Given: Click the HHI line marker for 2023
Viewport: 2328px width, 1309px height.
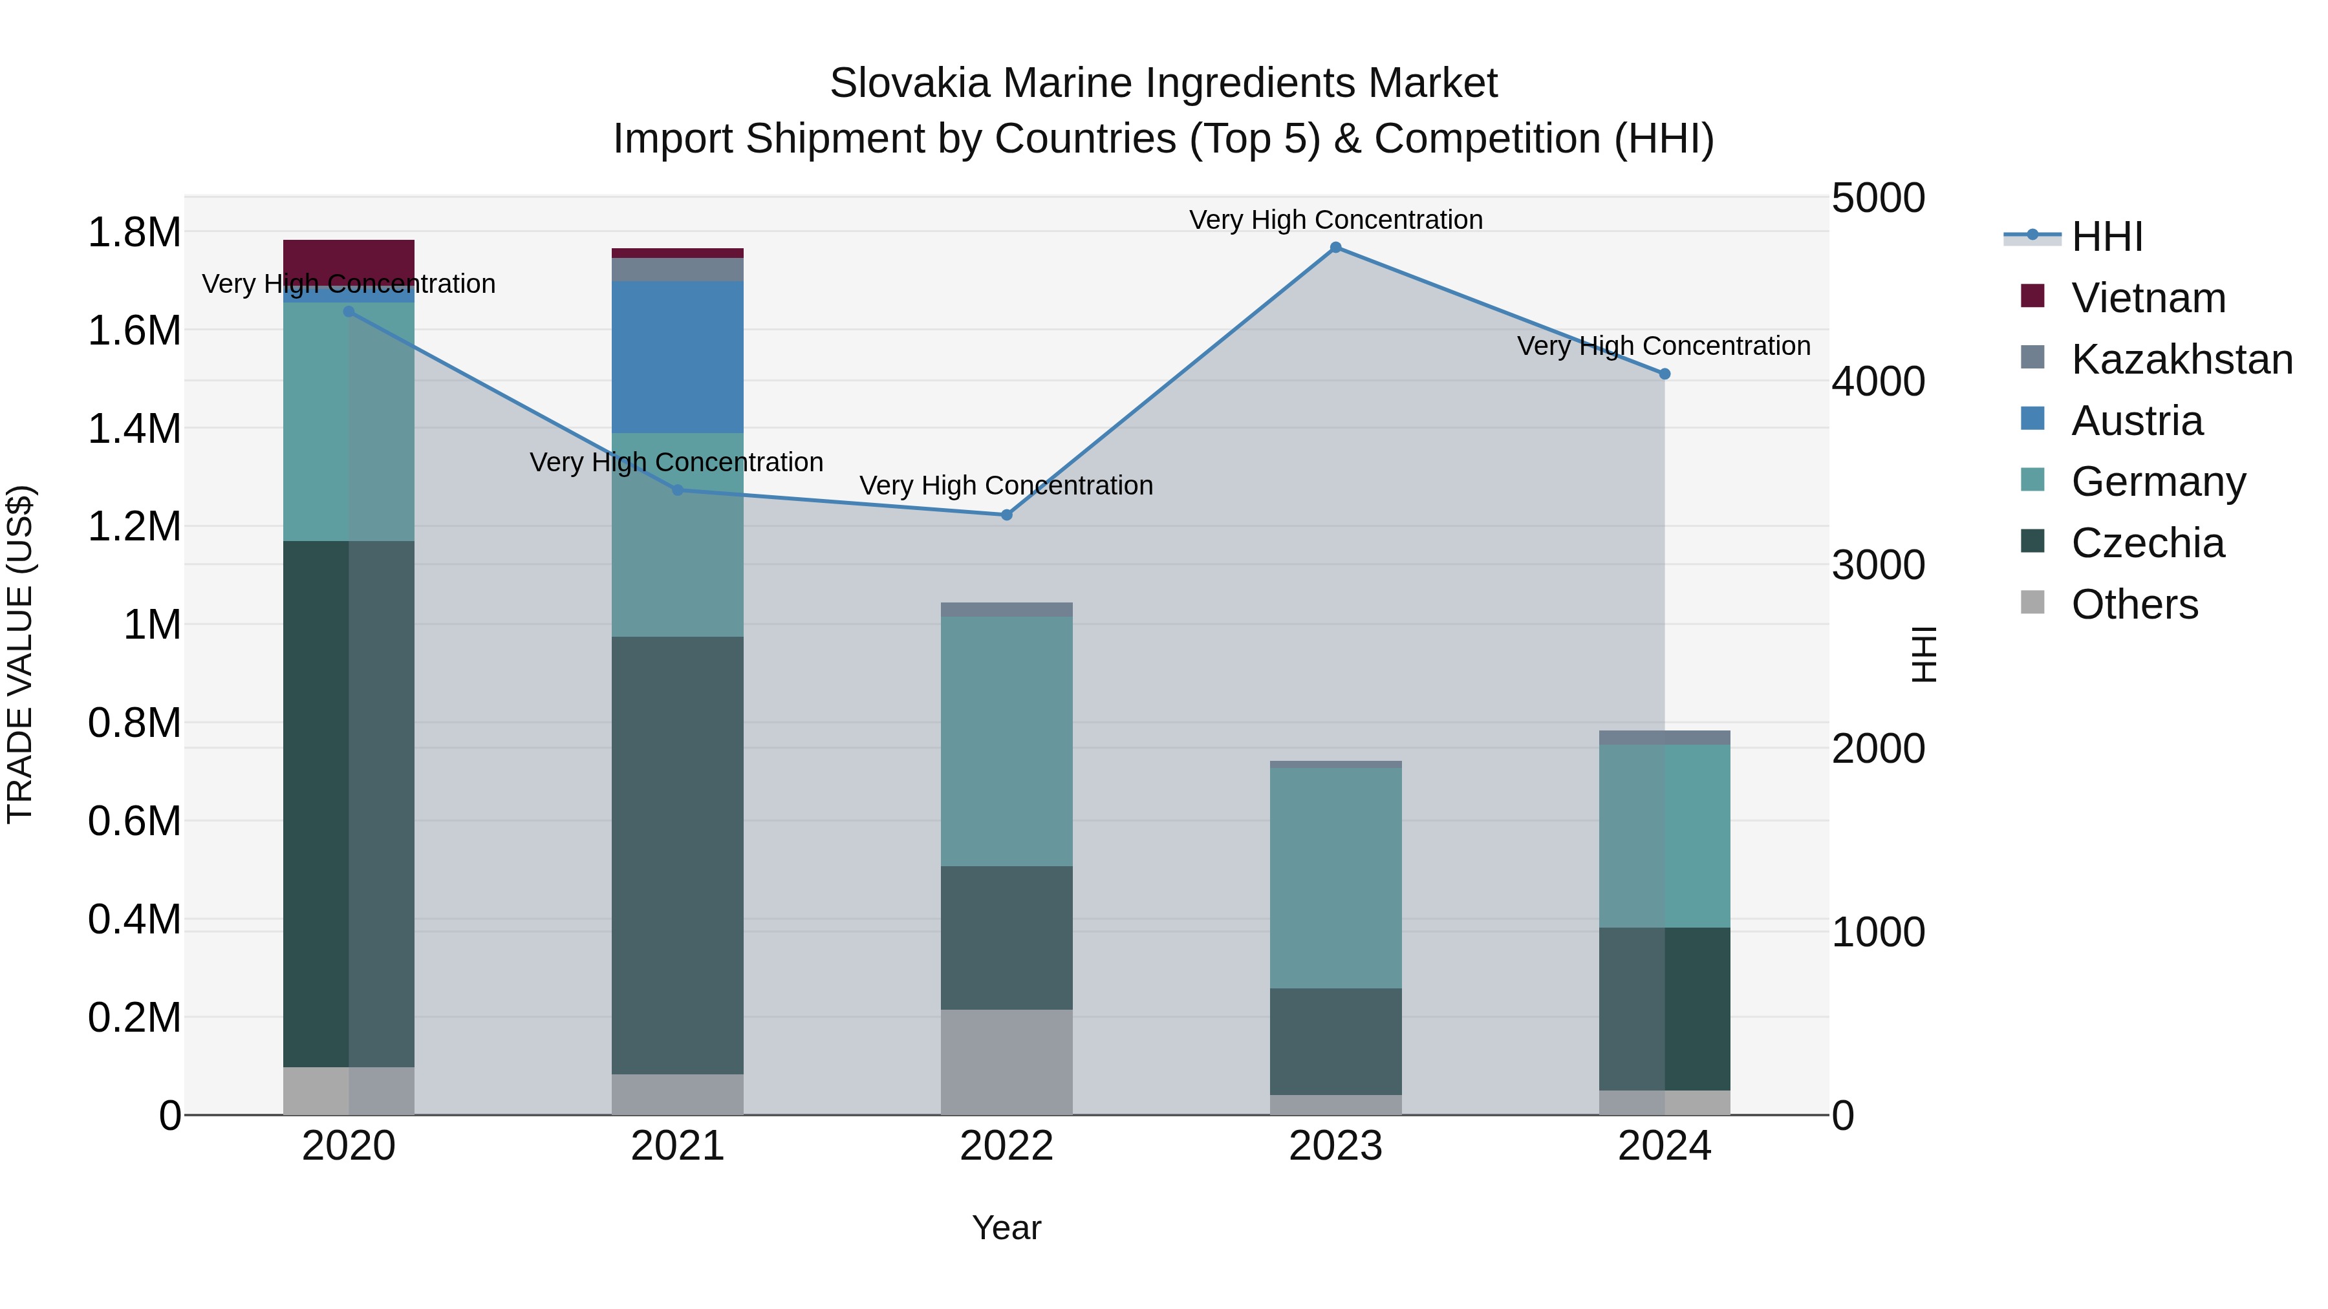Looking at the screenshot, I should [x=1336, y=248].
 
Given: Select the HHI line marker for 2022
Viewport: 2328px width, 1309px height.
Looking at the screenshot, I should [x=1007, y=515].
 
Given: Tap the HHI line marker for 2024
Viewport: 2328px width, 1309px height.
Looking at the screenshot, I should [x=1665, y=374].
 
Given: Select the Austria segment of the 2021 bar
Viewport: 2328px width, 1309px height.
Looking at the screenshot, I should [x=678, y=357].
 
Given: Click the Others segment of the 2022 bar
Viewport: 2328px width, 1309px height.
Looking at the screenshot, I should [x=1007, y=1061].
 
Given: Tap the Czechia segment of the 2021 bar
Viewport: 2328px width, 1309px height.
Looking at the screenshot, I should [x=678, y=855].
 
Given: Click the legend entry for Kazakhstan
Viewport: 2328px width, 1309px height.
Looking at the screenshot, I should [x=2182, y=359].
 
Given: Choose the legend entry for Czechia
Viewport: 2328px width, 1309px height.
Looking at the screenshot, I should [x=2147, y=543].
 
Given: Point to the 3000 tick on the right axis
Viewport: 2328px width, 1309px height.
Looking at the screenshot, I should [x=1878, y=566].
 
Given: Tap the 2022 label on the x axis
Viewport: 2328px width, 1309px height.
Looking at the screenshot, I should [x=1007, y=1146].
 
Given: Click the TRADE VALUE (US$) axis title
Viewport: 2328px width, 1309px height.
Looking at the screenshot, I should [x=20, y=654].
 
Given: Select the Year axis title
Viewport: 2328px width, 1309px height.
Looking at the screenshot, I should [x=1007, y=1228].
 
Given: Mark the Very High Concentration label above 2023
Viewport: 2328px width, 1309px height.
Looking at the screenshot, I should [x=1336, y=220].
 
